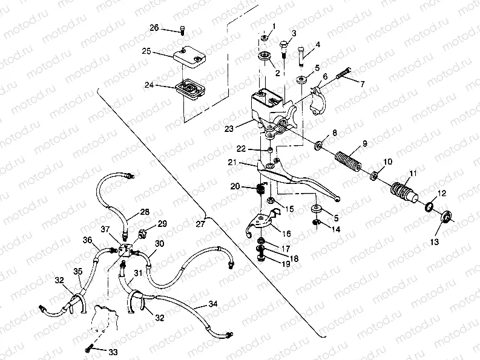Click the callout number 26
[x=154, y=28]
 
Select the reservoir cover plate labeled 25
[x=188, y=57]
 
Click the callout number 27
[x=200, y=223]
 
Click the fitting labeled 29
[x=145, y=232]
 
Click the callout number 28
[x=144, y=212]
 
